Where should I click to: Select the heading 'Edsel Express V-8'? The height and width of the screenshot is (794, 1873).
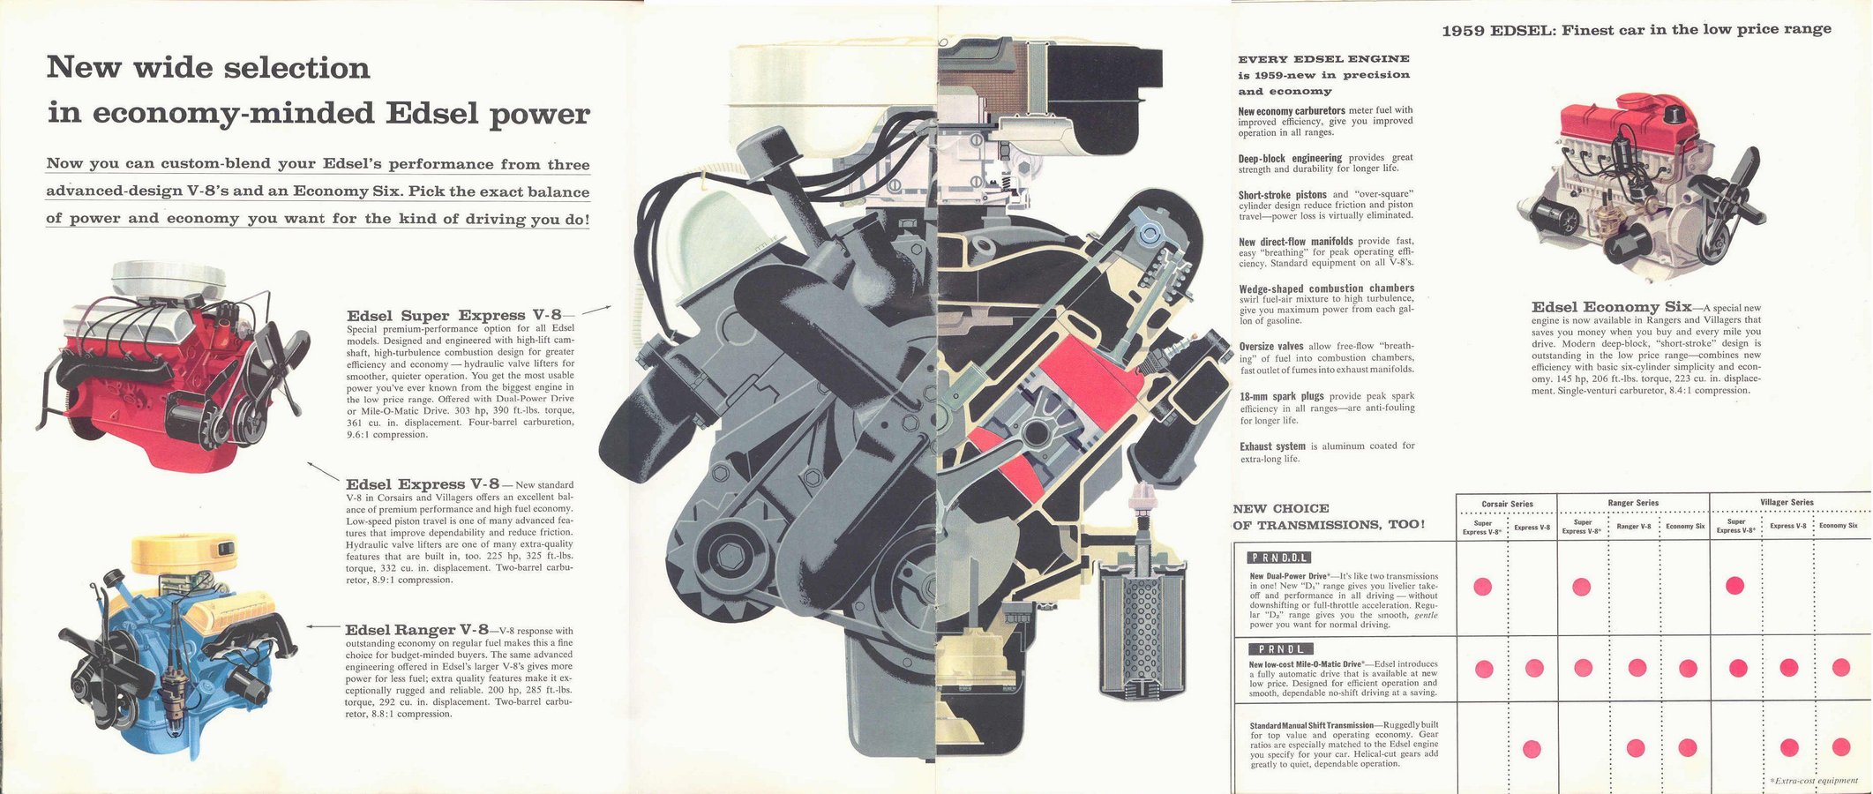pyautogui.click(x=423, y=484)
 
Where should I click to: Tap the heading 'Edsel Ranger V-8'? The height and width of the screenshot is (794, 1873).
pyautogui.click(x=416, y=630)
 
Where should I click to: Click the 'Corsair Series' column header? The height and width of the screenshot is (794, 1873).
pyautogui.click(x=1508, y=504)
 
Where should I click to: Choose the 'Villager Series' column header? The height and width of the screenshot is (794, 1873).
pyautogui.click(x=1787, y=503)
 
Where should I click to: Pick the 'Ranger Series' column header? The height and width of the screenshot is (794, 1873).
pyautogui.click(x=1633, y=503)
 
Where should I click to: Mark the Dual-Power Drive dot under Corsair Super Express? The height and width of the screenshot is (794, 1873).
pyautogui.click(x=1482, y=587)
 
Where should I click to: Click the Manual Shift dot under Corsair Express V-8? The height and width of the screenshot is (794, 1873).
pyautogui.click(x=1532, y=749)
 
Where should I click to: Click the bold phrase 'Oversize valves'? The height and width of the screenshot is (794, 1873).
pyautogui.click(x=1272, y=347)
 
